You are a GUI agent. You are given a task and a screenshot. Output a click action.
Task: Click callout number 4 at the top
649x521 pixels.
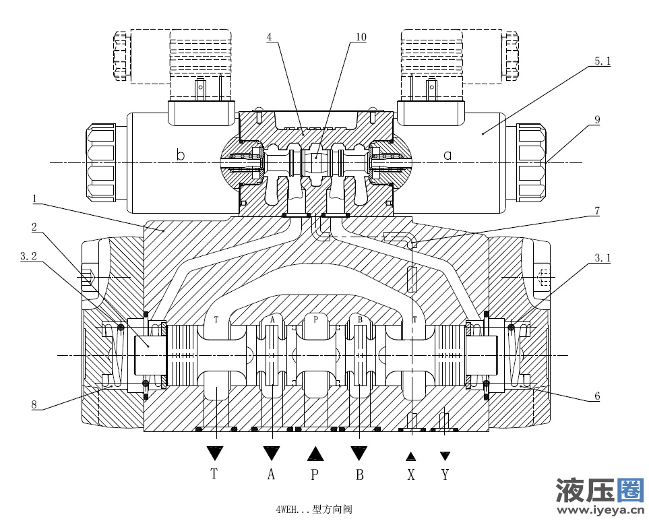(269, 37)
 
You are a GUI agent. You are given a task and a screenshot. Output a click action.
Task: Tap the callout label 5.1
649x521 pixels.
(602, 61)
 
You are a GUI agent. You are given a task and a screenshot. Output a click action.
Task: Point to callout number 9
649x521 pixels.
(597, 120)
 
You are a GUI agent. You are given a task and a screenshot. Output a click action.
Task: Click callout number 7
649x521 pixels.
(596, 211)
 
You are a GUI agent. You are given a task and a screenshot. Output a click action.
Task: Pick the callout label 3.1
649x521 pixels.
(602, 257)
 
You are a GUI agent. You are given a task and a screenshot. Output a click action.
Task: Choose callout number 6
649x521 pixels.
(597, 397)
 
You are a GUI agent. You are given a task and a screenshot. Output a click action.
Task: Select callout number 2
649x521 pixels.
(34, 227)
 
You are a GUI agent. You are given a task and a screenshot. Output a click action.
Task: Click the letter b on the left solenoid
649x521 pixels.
(180, 156)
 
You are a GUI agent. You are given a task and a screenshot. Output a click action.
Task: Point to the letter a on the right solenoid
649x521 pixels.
(447, 156)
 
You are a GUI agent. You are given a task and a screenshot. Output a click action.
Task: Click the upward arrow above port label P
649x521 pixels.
(315, 453)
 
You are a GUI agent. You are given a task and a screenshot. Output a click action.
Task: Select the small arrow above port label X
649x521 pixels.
(410, 456)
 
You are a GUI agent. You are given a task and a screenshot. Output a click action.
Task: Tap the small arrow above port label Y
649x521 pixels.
(445, 456)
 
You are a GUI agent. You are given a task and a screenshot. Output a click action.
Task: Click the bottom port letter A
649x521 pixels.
(271, 474)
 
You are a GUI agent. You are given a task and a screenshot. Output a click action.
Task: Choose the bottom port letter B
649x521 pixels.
(359, 474)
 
